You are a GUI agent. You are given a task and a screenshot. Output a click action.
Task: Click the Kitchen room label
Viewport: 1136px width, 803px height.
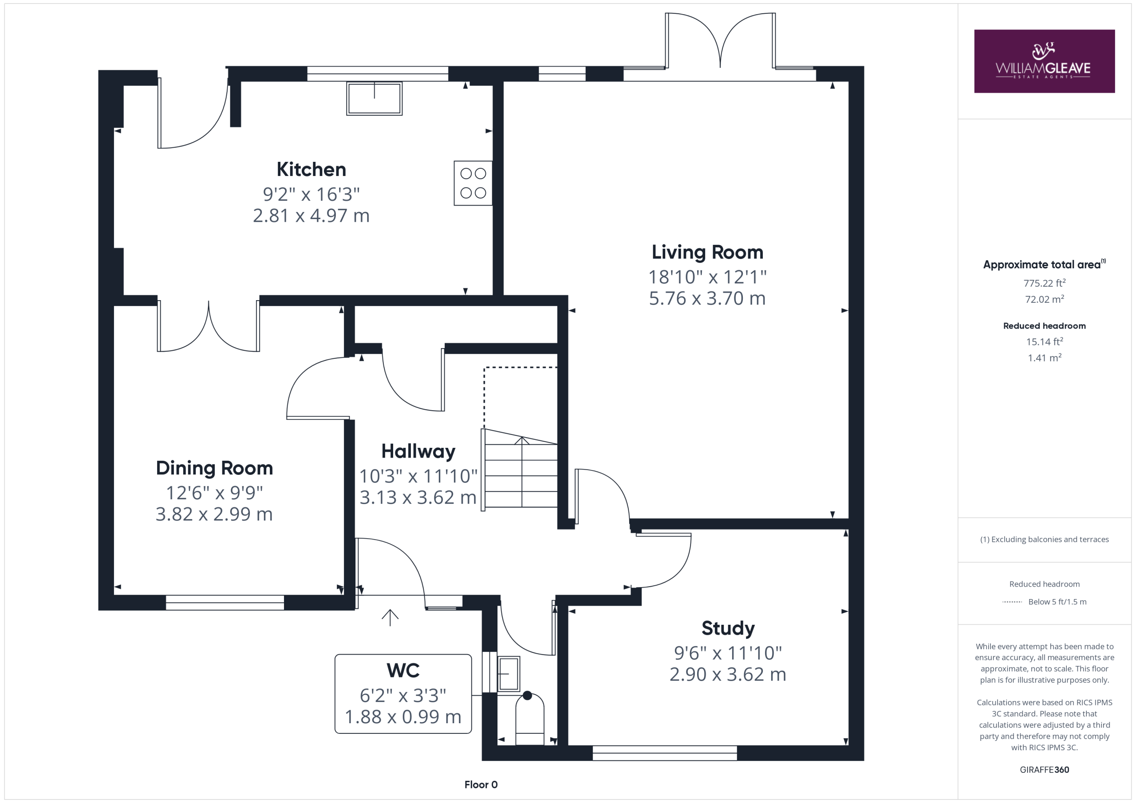pyautogui.click(x=311, y=169)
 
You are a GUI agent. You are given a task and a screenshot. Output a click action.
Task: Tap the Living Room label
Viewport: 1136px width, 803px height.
pyautogui.click(x=707, y=252)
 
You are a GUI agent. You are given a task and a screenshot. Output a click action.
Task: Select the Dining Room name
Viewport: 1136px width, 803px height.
pyautogui.click(x=214, y=468)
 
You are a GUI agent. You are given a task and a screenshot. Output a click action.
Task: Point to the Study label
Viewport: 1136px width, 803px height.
pyautogui.click(x=728, y=628)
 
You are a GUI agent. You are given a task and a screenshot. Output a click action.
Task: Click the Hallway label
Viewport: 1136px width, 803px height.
pyautogui.click(x=418, y=451)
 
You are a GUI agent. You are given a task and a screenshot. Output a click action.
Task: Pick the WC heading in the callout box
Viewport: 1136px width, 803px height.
pyautogui.click(x=403, y=670)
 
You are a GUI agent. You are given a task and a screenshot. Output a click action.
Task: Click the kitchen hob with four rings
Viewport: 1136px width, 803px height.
pyautogui.click(x=473, y=183)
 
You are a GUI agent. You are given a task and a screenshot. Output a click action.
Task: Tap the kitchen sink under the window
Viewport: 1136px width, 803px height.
pyautogui.click(x=374, y=98)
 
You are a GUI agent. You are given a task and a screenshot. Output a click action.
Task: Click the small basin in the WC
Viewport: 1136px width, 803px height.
pyautogui.click(x=508, y=674)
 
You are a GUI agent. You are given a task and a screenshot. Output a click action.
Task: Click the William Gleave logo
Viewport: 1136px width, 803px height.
pyautogui.click(x=1044, y=61)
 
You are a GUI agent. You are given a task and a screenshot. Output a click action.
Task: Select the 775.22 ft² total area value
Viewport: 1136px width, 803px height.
pyautogui.click(x=1045, y=283)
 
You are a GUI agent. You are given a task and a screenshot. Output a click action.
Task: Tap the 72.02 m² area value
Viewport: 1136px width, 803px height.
pyautogui.click(x=1045, y=299)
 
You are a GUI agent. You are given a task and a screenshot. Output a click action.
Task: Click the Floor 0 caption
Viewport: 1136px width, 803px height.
pyautogui.click(x=481, y=785)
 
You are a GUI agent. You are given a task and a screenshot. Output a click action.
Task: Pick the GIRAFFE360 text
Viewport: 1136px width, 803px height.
pyautogui.click(x=1045, y=770)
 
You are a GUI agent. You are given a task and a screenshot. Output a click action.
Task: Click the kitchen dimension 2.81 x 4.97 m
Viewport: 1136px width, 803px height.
pyautogui.click(x=311, y=215)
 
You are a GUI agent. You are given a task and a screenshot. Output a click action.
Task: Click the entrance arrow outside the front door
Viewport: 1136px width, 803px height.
pyautogui.click(x=390, y=617)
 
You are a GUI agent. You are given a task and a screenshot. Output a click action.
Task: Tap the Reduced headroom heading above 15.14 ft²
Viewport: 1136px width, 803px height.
pyautogui.click(x=1045, y=326)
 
